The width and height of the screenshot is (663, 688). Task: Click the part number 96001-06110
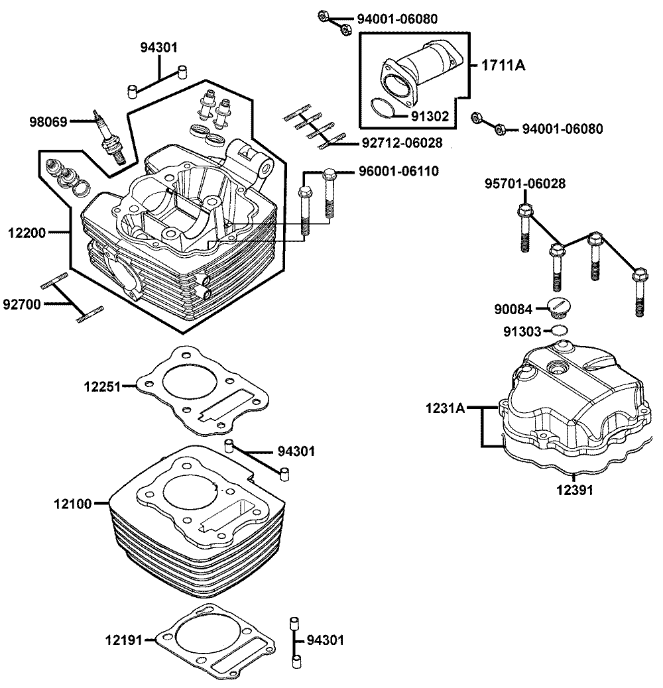[398, 171]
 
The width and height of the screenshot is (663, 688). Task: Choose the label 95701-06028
[524, 184]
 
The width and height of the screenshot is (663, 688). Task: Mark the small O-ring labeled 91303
[560, 330]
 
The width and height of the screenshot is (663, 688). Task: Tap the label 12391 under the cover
[574, 491]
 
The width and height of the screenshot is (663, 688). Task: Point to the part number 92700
[22, 304]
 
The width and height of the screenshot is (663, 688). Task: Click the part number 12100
[72, 504]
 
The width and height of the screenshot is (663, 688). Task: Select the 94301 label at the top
[159, 47]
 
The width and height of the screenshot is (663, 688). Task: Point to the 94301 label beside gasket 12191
[325, 641]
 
